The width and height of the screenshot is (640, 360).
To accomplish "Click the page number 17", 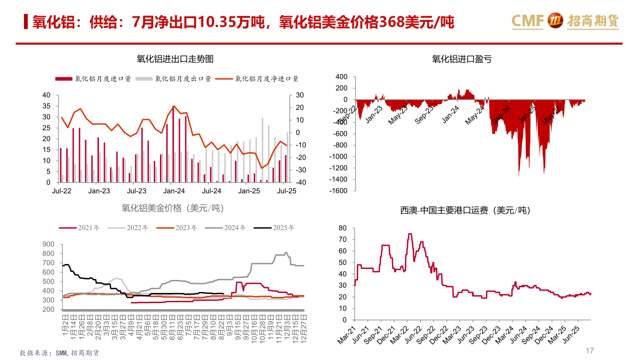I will pos(589,351).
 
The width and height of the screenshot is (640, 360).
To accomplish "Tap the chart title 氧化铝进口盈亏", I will pos(462,59).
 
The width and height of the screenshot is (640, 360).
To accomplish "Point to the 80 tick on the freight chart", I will pos(342,228).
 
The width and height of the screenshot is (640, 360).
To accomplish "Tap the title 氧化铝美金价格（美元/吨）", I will pos(172,208).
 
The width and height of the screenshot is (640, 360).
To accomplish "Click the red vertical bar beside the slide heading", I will pos(26,22).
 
